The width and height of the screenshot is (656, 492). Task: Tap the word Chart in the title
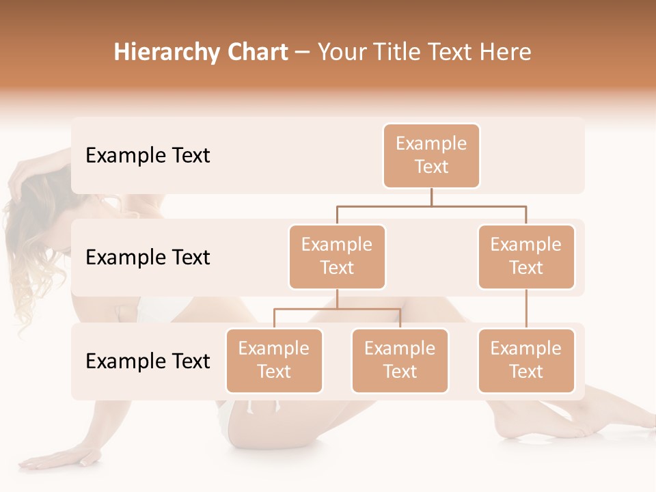255,53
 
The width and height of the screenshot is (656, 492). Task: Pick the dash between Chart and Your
302,53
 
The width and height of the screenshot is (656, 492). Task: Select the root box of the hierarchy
431,156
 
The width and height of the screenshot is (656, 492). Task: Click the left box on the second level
337,257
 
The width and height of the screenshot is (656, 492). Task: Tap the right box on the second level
526,257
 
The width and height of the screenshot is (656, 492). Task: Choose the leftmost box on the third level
274,361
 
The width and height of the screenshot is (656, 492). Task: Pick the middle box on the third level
400,361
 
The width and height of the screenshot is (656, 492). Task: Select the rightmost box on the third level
526,361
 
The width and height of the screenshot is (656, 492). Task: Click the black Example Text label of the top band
148,156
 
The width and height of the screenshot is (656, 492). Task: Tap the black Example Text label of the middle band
148,258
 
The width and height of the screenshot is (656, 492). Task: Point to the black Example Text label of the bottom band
148,361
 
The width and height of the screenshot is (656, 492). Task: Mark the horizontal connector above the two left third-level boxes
307,309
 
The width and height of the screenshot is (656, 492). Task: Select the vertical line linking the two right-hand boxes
526,309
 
